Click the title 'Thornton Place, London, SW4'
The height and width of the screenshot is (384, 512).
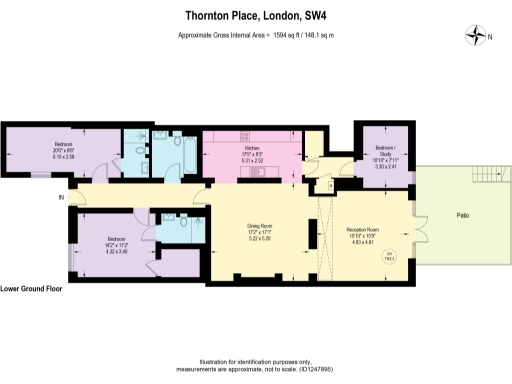coord(255,16)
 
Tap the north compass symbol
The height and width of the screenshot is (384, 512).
coord(474,36)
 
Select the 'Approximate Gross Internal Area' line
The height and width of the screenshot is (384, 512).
coord(255,35)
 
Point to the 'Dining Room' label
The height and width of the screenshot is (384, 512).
coord(259,226)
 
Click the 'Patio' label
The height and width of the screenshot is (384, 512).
coord(463,215)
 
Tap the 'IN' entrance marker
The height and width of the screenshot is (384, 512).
coord(61,198)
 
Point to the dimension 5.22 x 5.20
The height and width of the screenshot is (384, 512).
coord(259,239)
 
